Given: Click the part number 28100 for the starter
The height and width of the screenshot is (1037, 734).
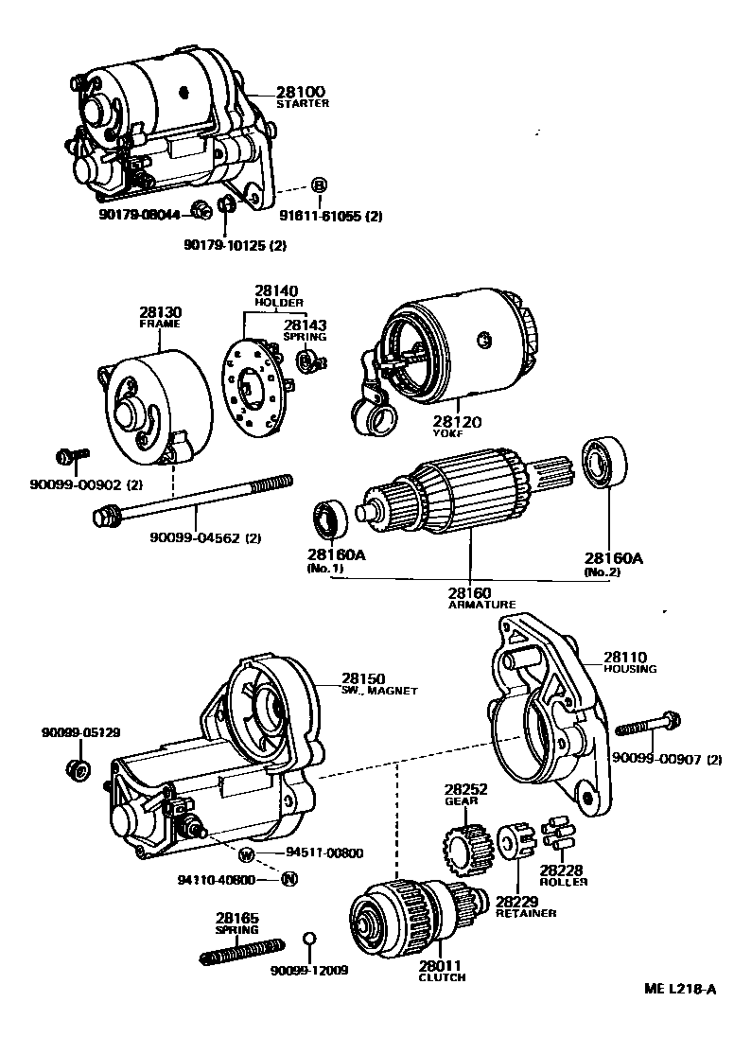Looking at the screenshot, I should (x=300, y=92).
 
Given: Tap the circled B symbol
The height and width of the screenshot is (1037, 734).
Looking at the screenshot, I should (x=319, y=185).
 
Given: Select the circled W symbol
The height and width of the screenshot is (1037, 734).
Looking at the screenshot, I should (x=246, y=854).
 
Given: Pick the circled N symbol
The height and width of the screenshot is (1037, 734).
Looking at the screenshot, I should (x=289, y=879).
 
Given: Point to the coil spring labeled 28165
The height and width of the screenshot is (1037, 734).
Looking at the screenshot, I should (x=242, y=950).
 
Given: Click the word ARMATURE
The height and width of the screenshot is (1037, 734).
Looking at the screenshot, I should (x=481, y=604).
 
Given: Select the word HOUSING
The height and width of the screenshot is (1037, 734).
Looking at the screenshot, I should (x=630, y=669).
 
